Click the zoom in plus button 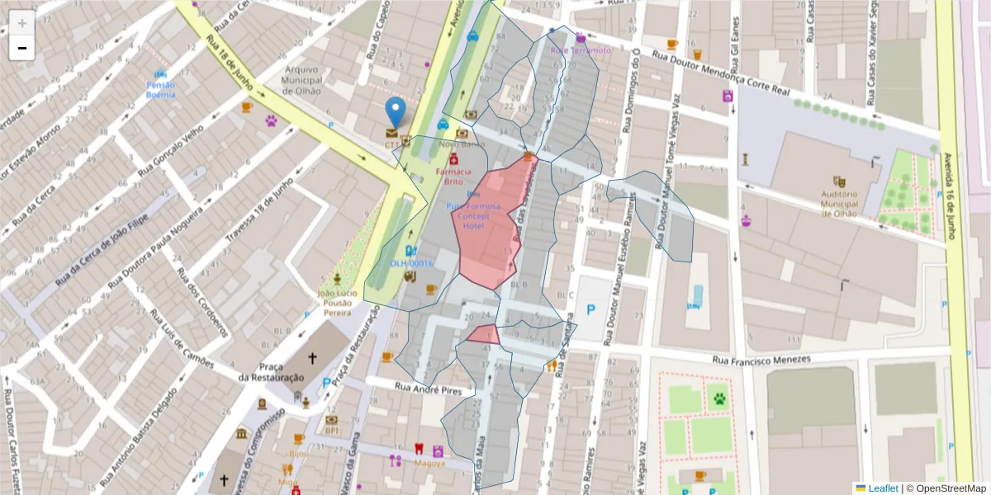22,23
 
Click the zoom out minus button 22,48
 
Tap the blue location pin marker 396,113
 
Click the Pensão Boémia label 160,90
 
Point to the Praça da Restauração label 271,372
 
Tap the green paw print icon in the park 720,399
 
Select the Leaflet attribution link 883,488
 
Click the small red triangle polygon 485,334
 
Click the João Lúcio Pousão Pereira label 336,303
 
